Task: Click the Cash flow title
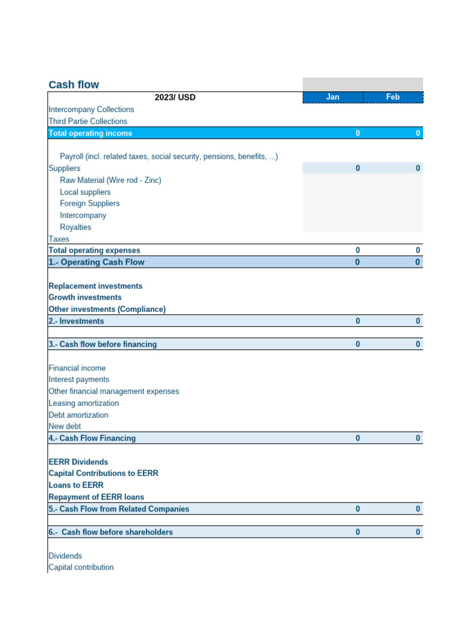tap(74, 85)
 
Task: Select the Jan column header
tap(332, 97)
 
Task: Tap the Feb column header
tap(392, 97)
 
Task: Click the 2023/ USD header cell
tap(175, 97)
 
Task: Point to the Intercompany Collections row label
tap(91, 110)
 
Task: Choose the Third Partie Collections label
tap(88, 121)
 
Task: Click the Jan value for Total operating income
tap(357, 133)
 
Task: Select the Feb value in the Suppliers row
tap(418, 168)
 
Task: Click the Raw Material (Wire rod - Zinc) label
tap(110, 180)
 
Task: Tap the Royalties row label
tap(76, 227)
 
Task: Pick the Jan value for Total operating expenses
tap(357, 250)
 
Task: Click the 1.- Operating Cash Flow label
tap(96, 262)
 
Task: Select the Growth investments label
tap(85, 297)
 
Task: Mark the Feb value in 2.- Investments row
tap(418, 321)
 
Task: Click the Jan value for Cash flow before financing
tap(357, 344)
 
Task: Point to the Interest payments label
tap(79, 380)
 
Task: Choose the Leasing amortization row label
tap(84, 403)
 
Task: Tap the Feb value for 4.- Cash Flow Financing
tap(418, 438)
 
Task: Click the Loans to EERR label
tap(76, 485)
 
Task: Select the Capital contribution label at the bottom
tap(81, 567)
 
